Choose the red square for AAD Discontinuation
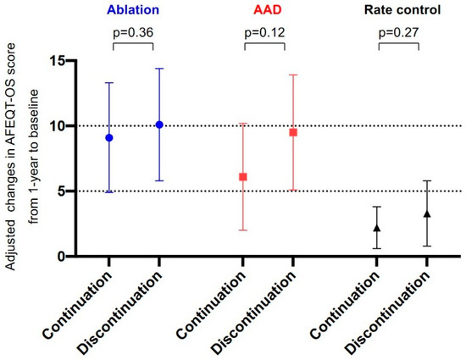tap(293, 132)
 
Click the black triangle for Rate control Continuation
tap(377, 228)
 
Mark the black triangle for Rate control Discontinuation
tap(427, 214)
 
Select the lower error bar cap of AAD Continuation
tap(243, 230)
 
